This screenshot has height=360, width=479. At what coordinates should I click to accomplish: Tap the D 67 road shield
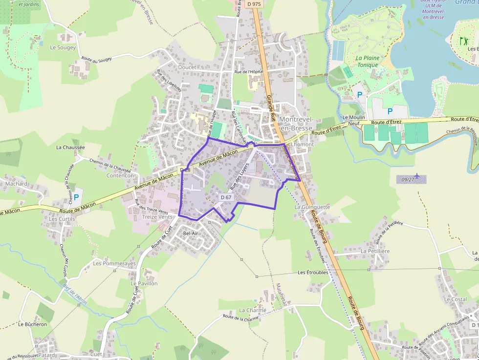pos(226,197)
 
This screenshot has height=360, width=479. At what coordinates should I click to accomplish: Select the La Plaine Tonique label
pos(368,62)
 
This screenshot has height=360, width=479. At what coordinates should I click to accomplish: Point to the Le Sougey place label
pos(63,48)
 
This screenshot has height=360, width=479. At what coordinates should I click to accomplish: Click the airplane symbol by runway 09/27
pos(416,175)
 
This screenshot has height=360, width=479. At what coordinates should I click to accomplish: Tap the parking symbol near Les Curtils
pos(76,197)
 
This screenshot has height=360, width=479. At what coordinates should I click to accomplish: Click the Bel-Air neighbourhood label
pos(191,233)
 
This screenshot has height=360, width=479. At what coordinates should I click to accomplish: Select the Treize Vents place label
pos(157,216)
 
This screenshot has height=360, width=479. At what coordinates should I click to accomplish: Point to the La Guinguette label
pos(312,207)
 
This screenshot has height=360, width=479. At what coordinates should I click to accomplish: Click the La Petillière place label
pos(375,251)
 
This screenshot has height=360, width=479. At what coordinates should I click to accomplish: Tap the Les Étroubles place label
pos(313,273)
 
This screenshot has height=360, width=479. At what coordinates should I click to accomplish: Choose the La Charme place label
pos(253,310)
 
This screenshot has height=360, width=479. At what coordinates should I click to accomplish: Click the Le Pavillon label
pos(144,283)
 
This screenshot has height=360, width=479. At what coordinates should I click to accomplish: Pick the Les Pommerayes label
pos(114,264)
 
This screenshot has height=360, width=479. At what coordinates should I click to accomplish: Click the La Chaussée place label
pos(70,147)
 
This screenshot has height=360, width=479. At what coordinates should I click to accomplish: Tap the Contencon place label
pos(120,176)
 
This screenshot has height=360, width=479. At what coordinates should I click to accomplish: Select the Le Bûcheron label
pos(33,324)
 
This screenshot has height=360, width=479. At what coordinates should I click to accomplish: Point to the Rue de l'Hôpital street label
pos(249,72)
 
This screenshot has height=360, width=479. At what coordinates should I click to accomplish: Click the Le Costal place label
pos(455,299)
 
